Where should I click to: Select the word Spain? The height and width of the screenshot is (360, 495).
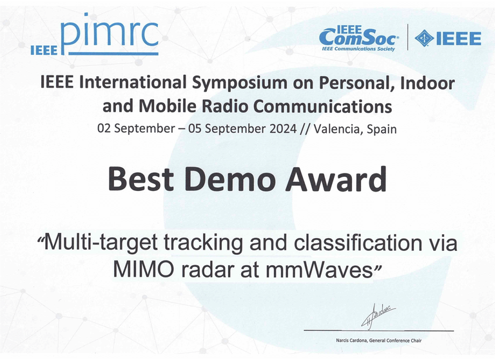[x=381, y=128]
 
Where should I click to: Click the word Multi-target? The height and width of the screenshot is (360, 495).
[x=98, y=244]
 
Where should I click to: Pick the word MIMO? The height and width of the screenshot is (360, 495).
[x=139, y=269]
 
